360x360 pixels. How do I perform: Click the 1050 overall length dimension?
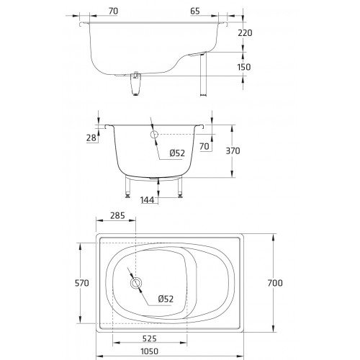point(149,351)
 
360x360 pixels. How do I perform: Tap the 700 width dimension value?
point(275,283)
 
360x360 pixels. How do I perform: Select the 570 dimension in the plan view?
point(82,283)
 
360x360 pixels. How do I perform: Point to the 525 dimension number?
point(150,338)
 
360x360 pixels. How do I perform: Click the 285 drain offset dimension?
point(117,215)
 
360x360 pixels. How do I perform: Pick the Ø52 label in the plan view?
point(166,299)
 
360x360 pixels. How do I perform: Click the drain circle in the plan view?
point(136,283)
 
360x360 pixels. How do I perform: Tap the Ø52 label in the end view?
point(177,153)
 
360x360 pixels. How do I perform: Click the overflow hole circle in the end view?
point(154,135)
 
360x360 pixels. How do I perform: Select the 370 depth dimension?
point(233,151)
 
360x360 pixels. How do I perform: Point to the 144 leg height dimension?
point(147,200)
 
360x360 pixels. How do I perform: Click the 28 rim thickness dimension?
point(91,138)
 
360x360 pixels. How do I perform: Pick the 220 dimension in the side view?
point(245,33)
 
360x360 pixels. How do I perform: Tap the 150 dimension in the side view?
point(244,67)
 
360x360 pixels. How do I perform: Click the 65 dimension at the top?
point(195,11)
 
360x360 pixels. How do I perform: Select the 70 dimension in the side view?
point(113,11)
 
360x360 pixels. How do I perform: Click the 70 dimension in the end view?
point(204,146)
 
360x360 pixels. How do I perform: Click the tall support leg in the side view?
point(203,74)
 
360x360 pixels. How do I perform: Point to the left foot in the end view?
point(127,197)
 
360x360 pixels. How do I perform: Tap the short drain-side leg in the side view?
point(135,84)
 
